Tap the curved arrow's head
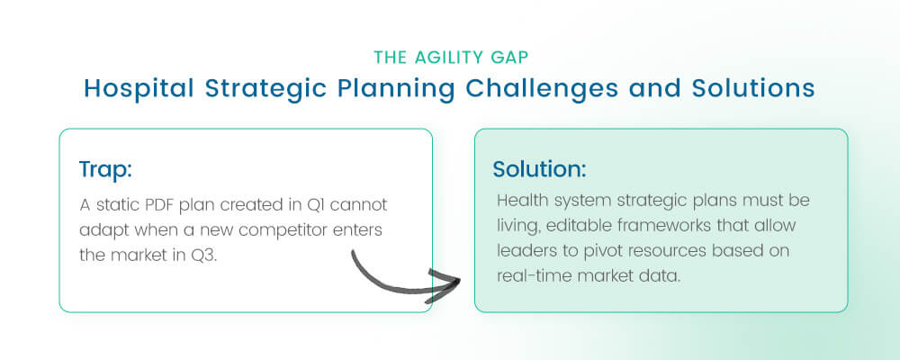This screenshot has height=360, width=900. pyautogui.click(x=448, y=281)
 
